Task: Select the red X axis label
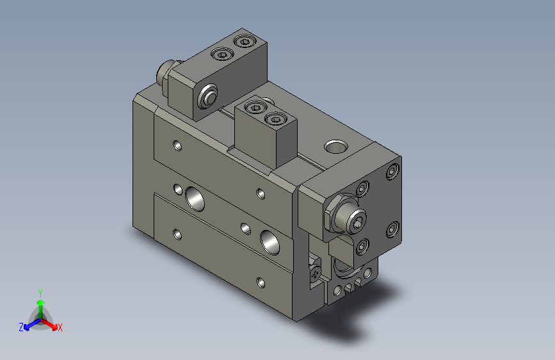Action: coord(60,327)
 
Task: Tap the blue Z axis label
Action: coord(21,327)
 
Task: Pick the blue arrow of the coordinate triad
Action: coord(29,324)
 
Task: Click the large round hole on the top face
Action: coord(334,147)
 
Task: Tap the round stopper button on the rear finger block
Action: coord(207,98)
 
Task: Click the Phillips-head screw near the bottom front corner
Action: coord(315,274)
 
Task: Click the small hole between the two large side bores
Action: coord(245,227)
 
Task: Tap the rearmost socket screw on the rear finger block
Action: coord(244,42)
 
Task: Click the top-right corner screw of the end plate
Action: coord(392,172)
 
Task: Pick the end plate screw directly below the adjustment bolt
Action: coord(362,247)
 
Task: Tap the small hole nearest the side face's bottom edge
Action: coord(259,281)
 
